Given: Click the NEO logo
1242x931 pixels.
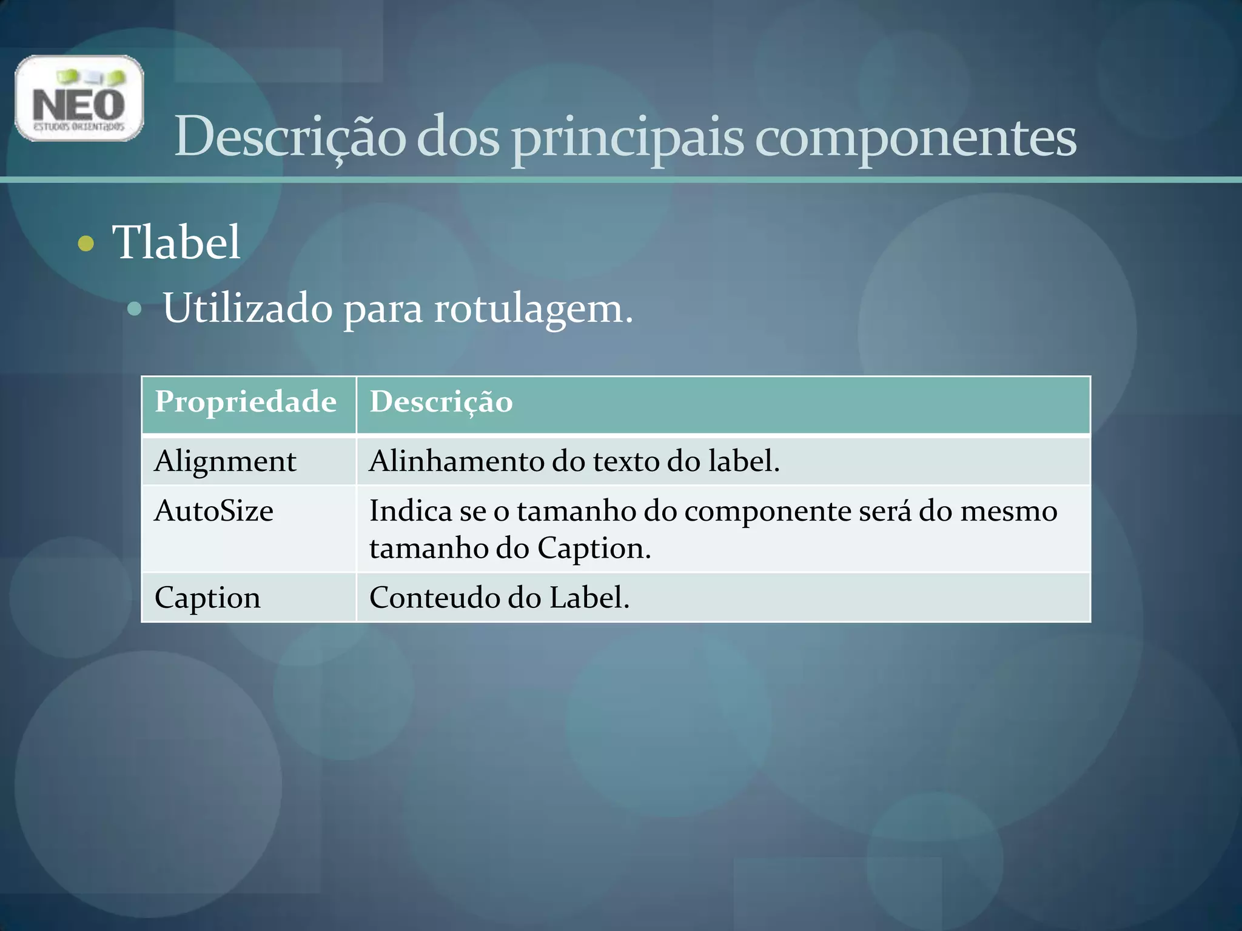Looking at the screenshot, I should tap(79, 98).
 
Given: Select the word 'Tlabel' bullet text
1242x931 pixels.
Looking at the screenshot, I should tap(176, 242).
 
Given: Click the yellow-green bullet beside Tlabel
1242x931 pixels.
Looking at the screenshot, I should tap(87, 244).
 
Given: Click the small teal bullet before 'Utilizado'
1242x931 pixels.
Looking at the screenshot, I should tap(135, 310).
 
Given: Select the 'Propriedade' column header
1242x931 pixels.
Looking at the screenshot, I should tap(246, 402).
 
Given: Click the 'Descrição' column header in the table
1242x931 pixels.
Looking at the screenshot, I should tap(441, 402).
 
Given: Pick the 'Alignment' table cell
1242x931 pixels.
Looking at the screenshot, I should tap(226, 461).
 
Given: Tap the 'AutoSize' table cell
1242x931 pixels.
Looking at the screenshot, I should tap(214, 511).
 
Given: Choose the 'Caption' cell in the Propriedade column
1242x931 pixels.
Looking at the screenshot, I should tap(207, 598).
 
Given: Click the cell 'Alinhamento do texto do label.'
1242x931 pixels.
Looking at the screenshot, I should tap(574, 461).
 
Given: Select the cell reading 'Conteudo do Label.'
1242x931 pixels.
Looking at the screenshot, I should tap(499, 598).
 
